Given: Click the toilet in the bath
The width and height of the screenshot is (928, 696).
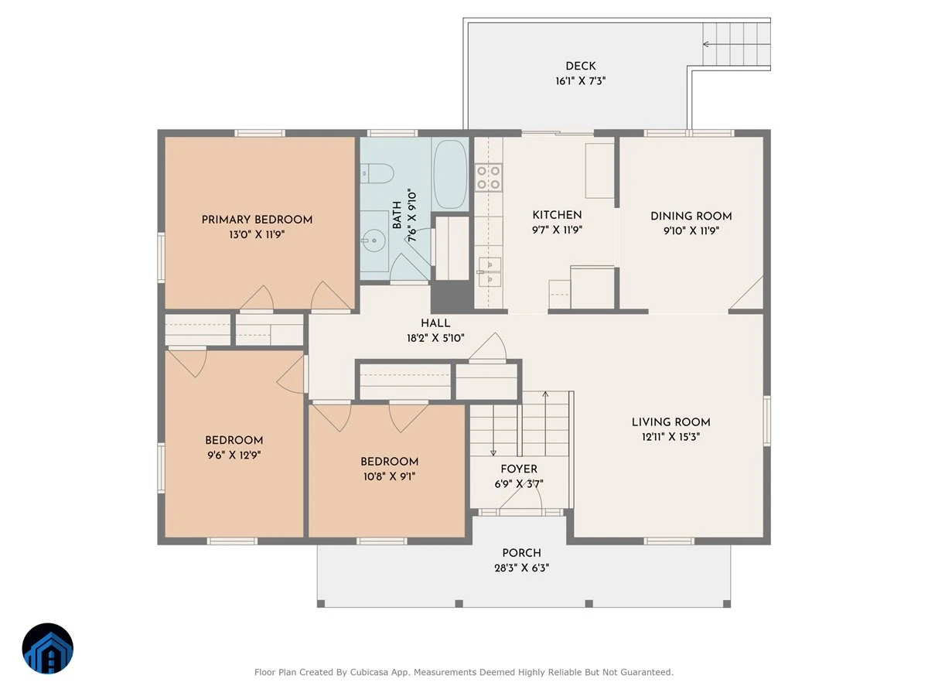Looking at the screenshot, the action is pyautogui.click(x=377, y=173).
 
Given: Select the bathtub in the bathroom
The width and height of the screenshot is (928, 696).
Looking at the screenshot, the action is pyautogui.click(x=450, y=174).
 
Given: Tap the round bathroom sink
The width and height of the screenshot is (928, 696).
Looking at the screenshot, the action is pyautogui.click(x=374, y=241).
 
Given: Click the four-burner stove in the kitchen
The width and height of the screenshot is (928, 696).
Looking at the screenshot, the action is pyautogui.click(x=488, y=178).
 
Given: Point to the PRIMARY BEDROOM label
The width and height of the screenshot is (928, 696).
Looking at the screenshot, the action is pyautogui.click(x=257, y=220).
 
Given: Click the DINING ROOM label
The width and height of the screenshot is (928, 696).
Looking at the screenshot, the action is pyautogui.click(x=691, y=216).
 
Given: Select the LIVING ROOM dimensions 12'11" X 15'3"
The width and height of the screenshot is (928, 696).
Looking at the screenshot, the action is pyautogui.click(x=671, y=436).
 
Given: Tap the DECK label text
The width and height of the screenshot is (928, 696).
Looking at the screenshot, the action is pyautogui.click(x=581, y=66).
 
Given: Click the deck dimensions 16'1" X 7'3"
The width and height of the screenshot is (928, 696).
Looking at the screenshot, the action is pyautogui.click(x=581, y=80).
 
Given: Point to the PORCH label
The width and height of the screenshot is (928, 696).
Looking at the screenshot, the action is pyautogui.click(x=521, y=553).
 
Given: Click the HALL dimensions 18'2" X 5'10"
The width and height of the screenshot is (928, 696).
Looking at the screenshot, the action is pyautogui.click(x=435, y=338).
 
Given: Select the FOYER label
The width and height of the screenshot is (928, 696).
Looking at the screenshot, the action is pyautogui.click(x=519, y=469).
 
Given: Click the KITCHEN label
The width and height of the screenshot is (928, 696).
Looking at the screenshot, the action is pyautogui.click(x=557, y=215).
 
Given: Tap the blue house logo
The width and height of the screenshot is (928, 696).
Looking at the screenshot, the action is pyautogui.click(x=48, y=648).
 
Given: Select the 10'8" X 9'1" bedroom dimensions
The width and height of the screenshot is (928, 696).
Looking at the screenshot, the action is pyautogui.click(x=390, y=476).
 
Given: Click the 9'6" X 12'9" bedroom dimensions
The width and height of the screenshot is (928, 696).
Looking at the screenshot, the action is pyautogui.click(x=234, y=455).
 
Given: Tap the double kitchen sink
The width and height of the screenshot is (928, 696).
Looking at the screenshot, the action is pyautogui.click(x=490, y=272).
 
